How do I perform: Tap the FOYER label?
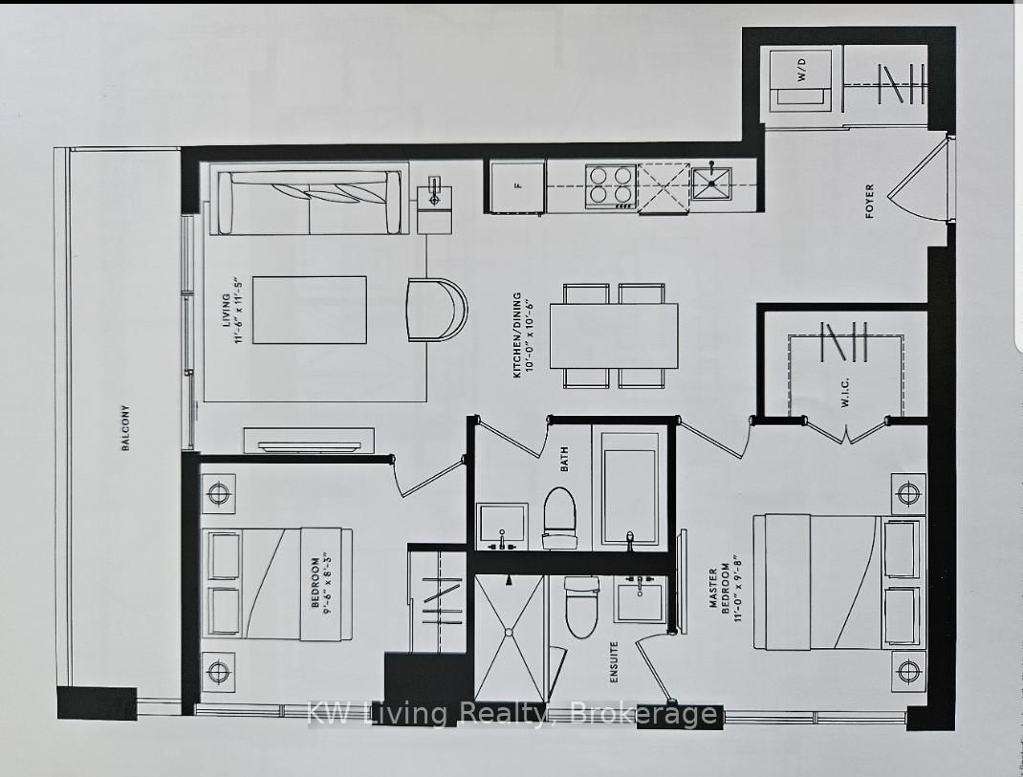point(869,202)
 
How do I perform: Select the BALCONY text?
point(125,429)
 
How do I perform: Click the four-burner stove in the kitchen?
point(611,184)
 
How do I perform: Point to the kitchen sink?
point(712,183)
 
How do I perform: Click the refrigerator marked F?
point(517,186)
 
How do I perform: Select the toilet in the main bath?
point(559,517)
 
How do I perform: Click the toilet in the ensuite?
point(581,609)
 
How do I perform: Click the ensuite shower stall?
point(510,637)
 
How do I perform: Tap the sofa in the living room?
point(310,202)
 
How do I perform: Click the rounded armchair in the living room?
point(438,308)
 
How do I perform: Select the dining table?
point(614,335)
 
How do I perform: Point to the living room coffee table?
point(310,311)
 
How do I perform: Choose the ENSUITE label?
point(613,663)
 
